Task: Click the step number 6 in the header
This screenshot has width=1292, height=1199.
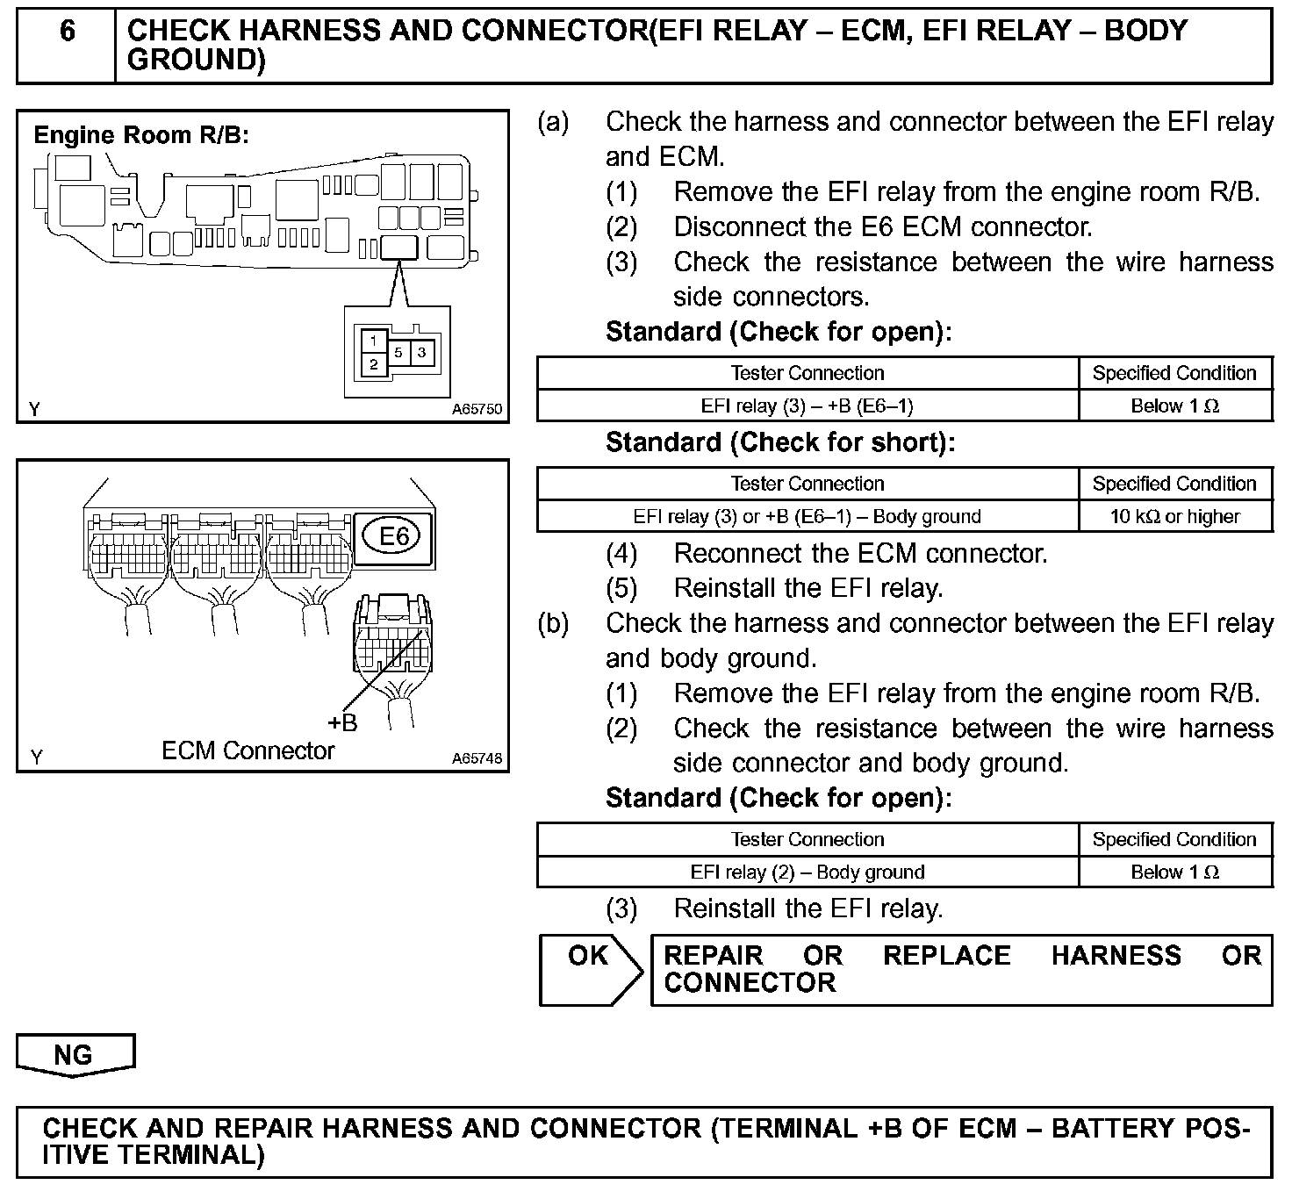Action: point(68,32)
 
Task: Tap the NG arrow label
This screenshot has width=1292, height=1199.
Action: point(74,1054)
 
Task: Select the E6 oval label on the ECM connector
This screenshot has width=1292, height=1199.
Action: point(393,535)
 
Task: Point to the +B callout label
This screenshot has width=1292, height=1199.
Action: point(342,722)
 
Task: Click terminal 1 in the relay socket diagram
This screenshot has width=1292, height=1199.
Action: point(375,340)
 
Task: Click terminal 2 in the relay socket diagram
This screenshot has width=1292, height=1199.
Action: point(375,364)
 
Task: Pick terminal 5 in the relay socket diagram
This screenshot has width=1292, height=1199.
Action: point(398,353)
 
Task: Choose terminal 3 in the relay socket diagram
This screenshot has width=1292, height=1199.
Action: point(422,353)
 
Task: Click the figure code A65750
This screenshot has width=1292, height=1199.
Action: point(477,409)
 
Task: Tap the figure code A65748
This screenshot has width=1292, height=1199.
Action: point(477,758)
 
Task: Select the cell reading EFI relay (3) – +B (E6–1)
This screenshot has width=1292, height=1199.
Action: point(807,406)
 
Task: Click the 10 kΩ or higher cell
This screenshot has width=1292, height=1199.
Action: point(1174,516)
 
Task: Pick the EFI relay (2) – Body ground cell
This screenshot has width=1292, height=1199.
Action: point(807,872)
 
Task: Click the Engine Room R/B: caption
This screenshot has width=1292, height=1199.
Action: point(141,135)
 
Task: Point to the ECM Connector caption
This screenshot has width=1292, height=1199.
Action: point(248,751)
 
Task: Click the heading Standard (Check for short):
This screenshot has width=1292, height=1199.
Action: point(779,442)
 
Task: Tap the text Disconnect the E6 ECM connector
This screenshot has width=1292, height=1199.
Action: point(882,227)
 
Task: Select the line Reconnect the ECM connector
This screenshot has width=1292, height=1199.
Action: point(860,554)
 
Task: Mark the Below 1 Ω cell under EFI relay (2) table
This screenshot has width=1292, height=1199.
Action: point(1174,872)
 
